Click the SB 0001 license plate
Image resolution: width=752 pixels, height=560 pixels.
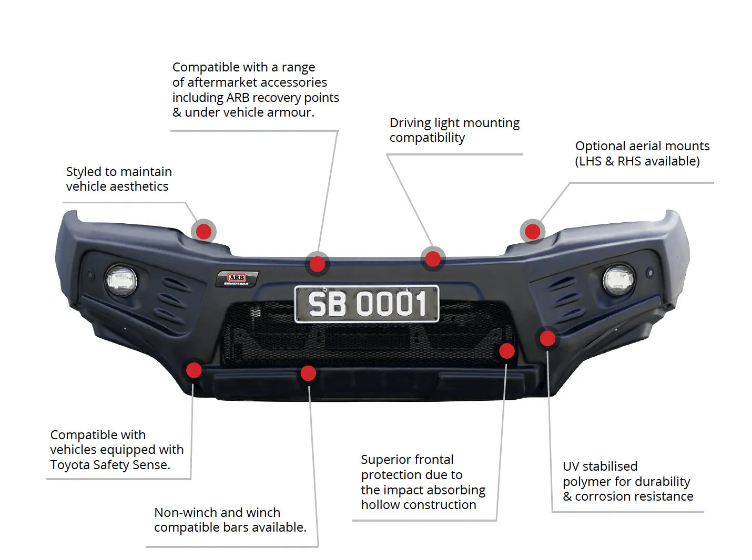point(367,304)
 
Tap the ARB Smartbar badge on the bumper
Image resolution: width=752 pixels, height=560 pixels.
point(237,278)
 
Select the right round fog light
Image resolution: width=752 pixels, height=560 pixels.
point(618,279)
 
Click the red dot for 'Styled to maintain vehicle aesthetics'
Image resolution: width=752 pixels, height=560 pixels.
point(204,231)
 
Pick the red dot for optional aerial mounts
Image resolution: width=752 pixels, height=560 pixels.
point(532,231)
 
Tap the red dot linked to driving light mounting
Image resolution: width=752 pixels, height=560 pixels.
point(433,258)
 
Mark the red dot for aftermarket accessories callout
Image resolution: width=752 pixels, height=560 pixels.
point(317,264)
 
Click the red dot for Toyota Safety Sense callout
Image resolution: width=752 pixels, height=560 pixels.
point(194,370)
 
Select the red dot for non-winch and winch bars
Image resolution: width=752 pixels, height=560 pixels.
point(308,374)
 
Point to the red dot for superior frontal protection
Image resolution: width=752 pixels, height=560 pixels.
point(506,351)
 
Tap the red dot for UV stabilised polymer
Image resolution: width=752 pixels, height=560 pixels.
point(547,338)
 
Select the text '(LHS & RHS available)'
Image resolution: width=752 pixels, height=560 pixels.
point(637,161)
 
